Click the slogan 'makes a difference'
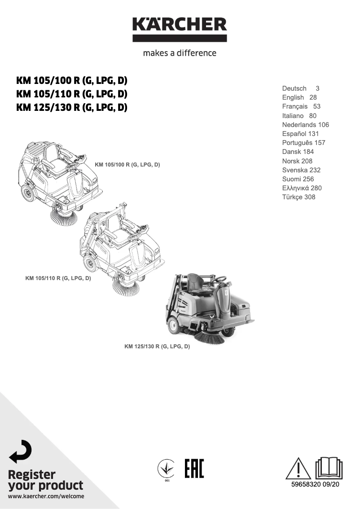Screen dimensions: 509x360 180,53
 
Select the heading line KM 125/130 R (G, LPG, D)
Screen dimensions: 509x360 72,108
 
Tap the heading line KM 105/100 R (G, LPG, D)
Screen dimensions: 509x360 72,81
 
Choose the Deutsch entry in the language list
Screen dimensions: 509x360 294,89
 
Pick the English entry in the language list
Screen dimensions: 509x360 293,97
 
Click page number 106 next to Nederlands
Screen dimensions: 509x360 323,125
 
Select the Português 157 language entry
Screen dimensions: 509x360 303,143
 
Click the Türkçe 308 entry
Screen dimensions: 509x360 299,197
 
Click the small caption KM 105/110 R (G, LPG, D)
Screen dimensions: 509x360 58,278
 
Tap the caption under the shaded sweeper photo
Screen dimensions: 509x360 157,347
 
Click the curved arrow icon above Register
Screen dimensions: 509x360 21,451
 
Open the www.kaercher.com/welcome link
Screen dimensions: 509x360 46,496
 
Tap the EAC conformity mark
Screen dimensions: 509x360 194,469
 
